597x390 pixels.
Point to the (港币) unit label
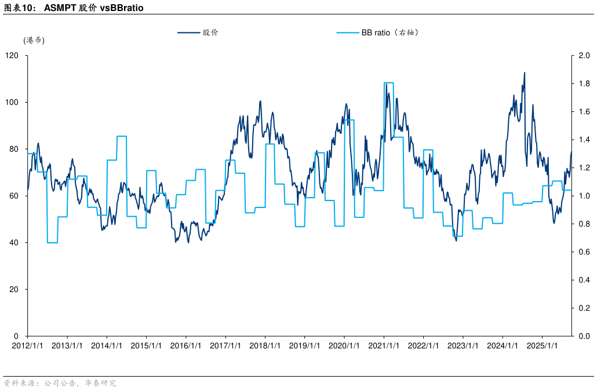pos(34,41)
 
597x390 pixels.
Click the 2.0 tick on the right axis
pos(584,56)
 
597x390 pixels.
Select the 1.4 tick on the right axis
pos(584,140)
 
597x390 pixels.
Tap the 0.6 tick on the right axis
pos(584,252)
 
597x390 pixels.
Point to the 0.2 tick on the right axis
pos(584,308)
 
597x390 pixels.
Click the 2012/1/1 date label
pos(27,346)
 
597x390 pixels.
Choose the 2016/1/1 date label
pos(185,346)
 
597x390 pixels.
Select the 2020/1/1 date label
pos(344,346)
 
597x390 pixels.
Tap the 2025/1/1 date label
pos(542,346)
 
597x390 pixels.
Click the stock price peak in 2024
pos(525,73)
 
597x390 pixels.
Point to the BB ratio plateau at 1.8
pos(389,83)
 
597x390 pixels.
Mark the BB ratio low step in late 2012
pos(52,243)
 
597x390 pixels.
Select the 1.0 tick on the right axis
pos(584,196)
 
